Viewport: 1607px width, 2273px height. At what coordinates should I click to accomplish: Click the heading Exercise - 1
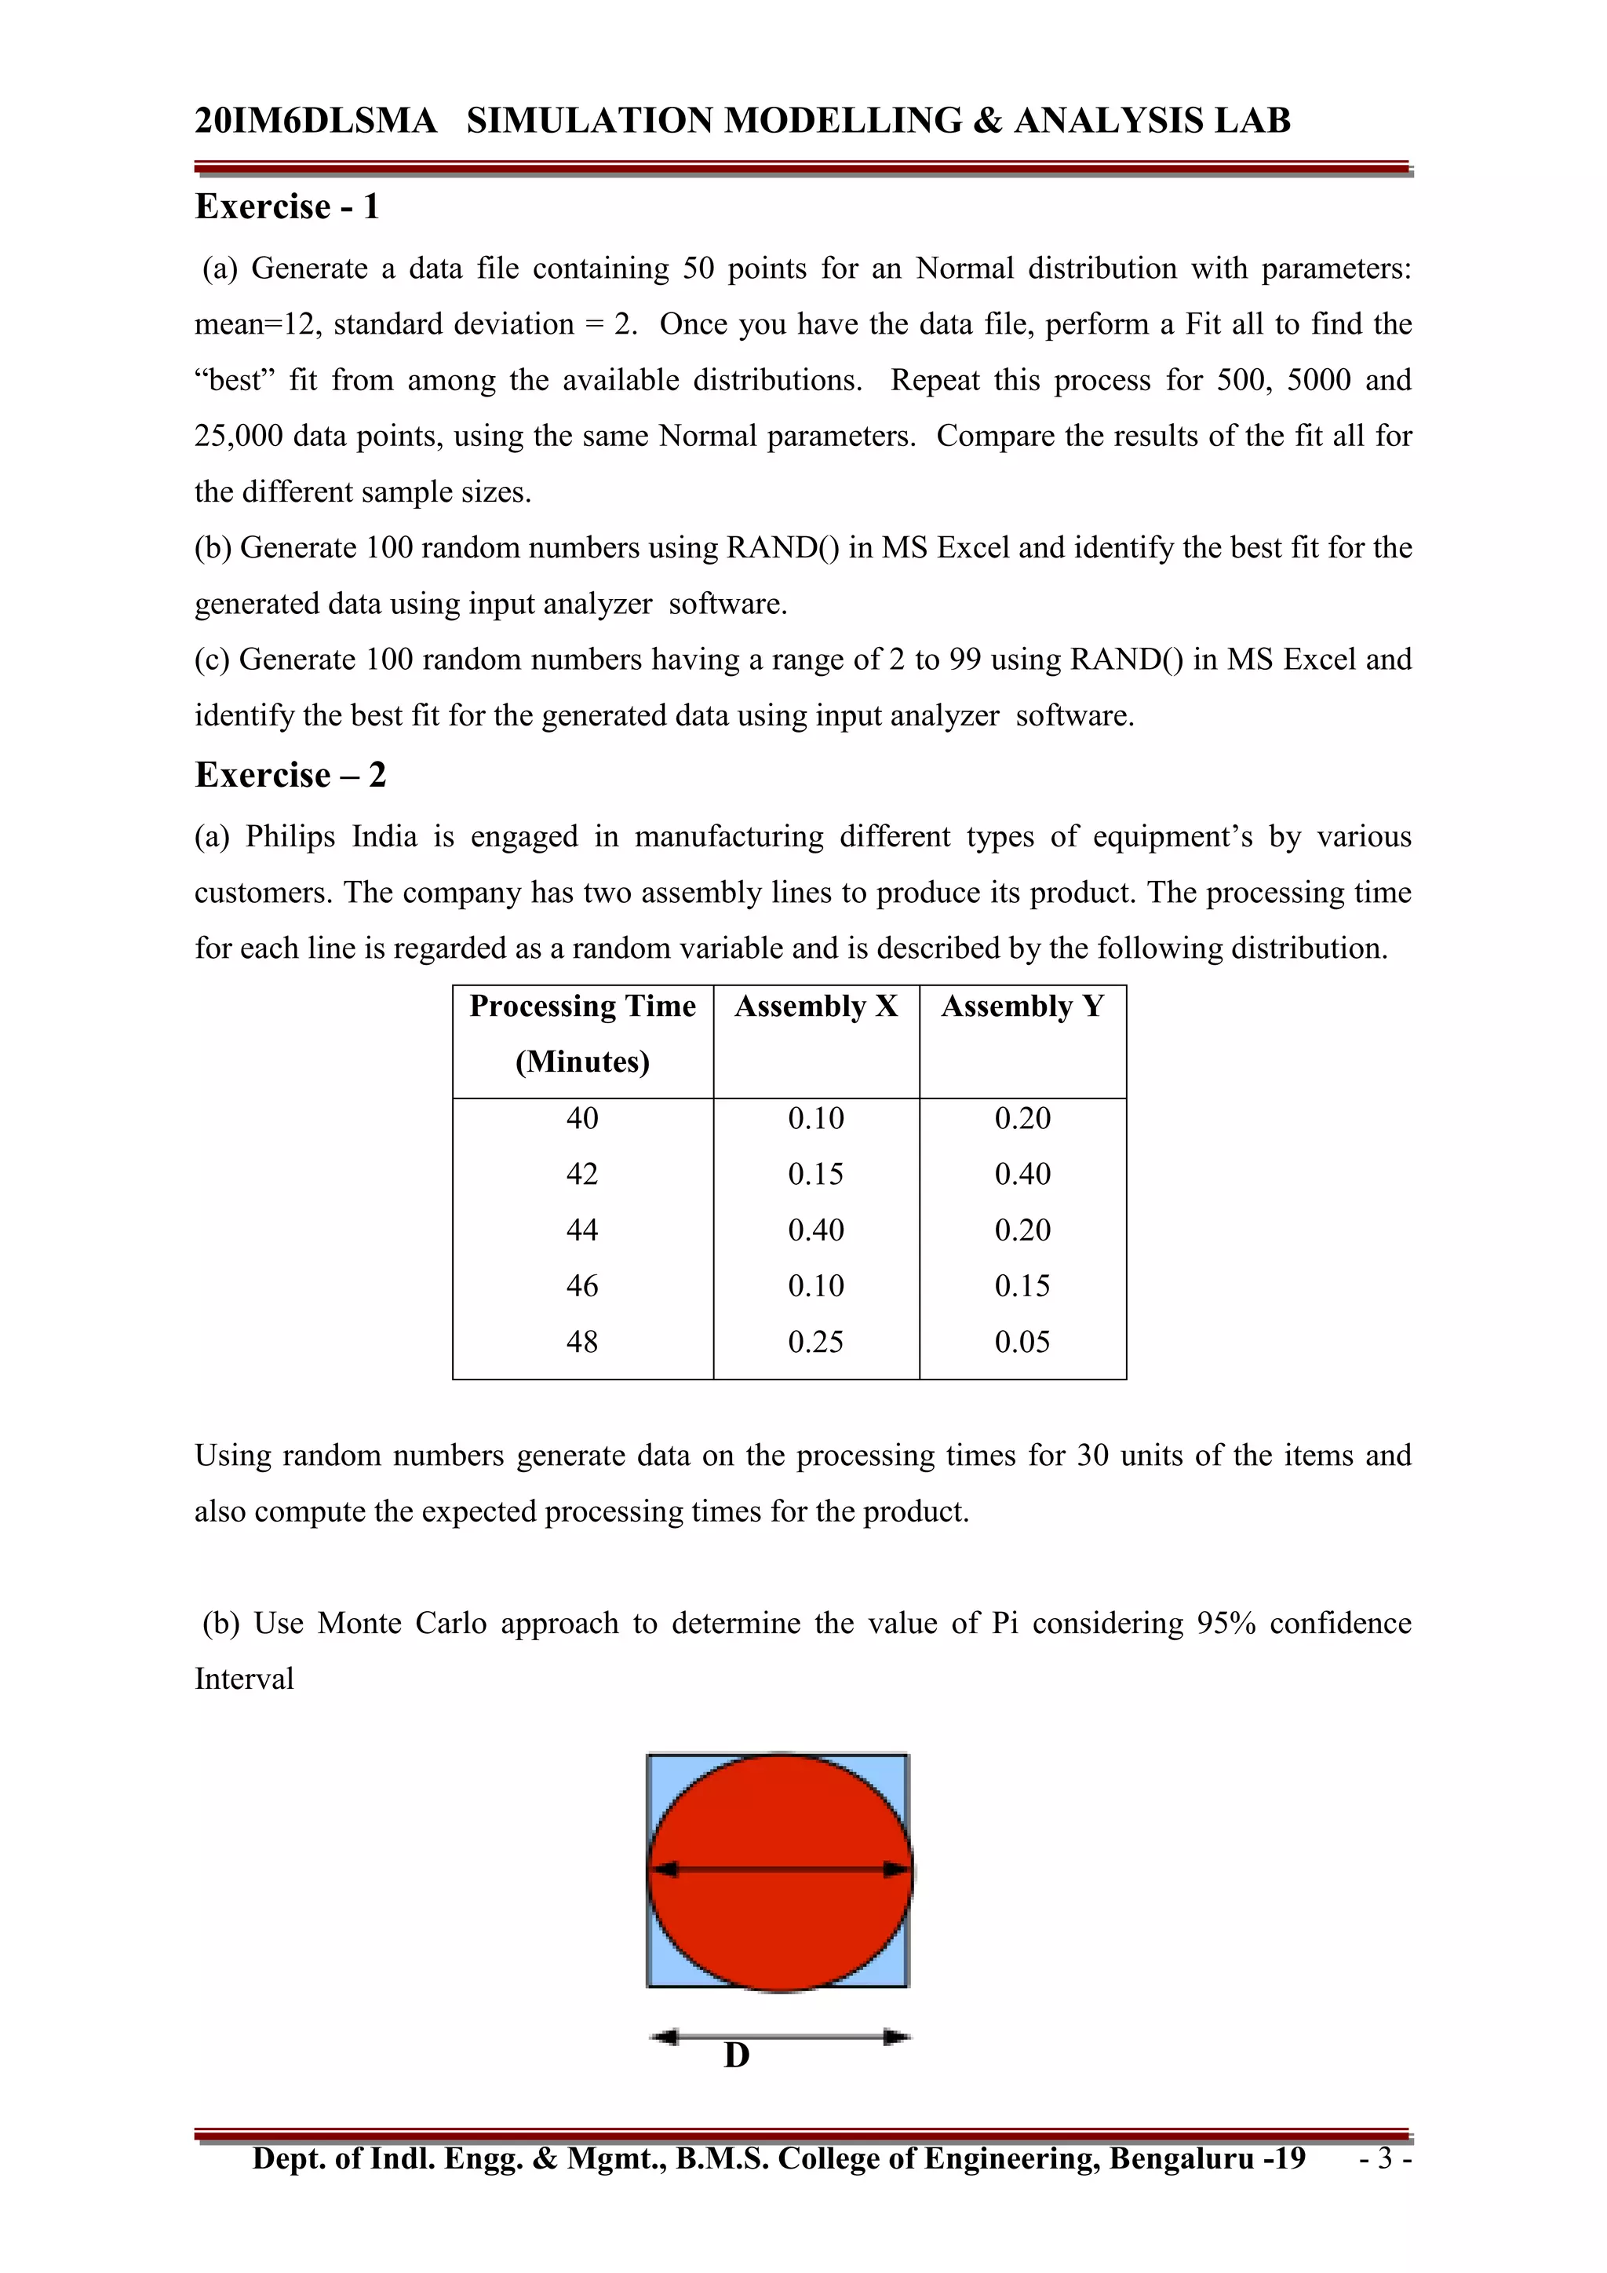pyautogui.click(x=287, y=207)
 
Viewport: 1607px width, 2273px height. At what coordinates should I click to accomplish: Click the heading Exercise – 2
pyautogui.click(x=290, y=775)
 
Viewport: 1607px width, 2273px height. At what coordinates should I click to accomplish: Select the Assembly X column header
pyautogui.click(x=815, y=1007)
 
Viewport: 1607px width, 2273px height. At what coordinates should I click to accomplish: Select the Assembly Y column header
pyautogui.click(x=1022, y=1007)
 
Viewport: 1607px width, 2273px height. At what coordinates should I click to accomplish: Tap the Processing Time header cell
pyautogui.click(x=582, y=1007)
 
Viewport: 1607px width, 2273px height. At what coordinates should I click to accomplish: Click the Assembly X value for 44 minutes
pyautogui.click(x=815, y=1230)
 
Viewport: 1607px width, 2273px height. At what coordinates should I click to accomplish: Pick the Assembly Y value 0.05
pyautogui.click(x=1022, y=1343)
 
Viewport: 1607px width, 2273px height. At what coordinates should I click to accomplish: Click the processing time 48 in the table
pyautogui.click(x=582, y=1343)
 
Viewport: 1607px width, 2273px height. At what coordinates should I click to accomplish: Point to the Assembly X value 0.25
pyautogui.click(x=815, y=1343)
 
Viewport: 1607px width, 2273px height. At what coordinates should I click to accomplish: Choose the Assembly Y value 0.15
pyautogui.click(x=1022, y=1286)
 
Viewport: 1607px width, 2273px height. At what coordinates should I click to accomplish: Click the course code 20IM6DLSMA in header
pyautogui.click(x=315, y=121)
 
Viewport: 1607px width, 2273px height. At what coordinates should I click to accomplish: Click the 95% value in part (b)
pyautogui.click(x=1225, y=1624)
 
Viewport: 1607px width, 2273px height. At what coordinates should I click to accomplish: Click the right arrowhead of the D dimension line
pyautogui.click(x=897, y=2037)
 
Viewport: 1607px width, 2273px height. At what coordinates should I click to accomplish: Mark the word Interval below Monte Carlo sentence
pyautogui.click(x=243, y=1680)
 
